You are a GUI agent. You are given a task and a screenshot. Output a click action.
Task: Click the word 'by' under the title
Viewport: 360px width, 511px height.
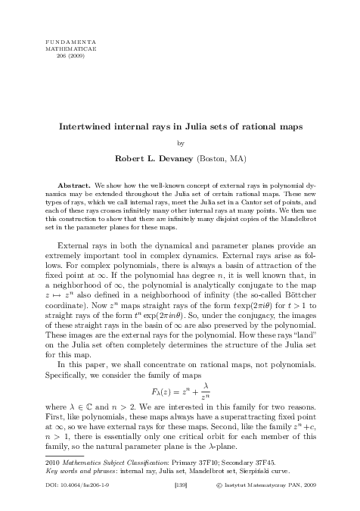pos(180,143)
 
